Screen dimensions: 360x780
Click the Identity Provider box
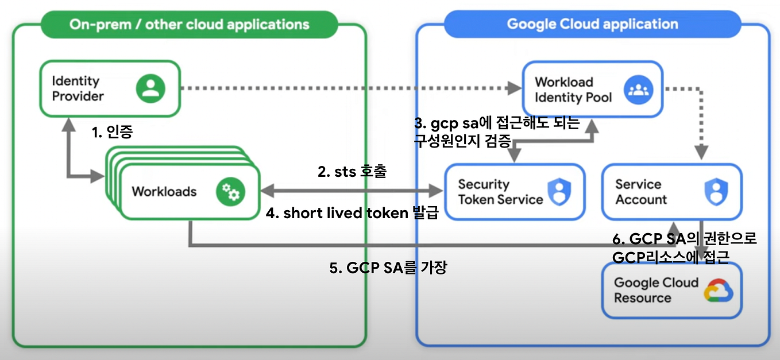(x=109, y=88)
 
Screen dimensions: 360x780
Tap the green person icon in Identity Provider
(x=150, y=88)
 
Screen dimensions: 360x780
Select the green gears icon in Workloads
(x=230, y=192)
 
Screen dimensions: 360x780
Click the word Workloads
(x=164, y=191)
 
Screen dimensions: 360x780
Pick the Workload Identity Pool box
(x=592, y=90)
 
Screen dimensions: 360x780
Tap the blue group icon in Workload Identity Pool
(x=639, y=90)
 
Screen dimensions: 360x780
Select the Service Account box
(x=670, y=192)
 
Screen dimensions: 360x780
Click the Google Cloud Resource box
(x=671, y=290)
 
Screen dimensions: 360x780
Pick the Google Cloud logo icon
(x=719, y=291)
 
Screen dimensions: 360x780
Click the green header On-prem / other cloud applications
(x=189, y=25)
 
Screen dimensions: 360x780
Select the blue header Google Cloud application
(x=592, y=25)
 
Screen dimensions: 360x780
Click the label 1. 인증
(x=113, y=133)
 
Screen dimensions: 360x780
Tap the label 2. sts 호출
(x=352, y=172)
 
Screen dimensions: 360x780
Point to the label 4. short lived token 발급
(x=352, y=214)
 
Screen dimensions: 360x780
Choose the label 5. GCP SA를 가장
(x=388, y=268)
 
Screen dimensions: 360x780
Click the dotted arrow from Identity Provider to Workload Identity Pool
(x=345, y=88)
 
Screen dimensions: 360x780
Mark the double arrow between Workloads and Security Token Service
(x=352, y=189)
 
